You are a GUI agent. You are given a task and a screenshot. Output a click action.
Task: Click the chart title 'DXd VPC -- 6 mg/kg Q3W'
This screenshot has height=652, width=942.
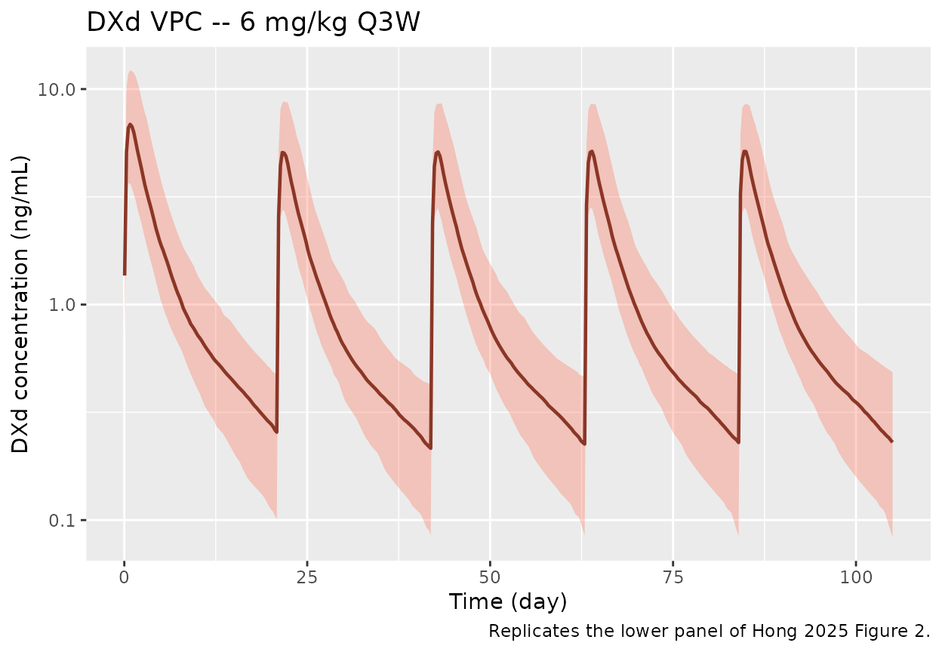(x=253, y=23)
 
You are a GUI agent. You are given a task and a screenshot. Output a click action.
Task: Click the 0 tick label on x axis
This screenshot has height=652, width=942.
(x=124, y=577)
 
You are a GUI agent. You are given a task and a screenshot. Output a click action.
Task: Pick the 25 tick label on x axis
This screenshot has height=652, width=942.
(x=307, y=577)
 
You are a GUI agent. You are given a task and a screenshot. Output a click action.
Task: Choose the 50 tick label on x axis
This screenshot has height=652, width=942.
(x=490, y=577)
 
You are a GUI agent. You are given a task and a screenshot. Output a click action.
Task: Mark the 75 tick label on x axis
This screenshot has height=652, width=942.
(x=673, y=577)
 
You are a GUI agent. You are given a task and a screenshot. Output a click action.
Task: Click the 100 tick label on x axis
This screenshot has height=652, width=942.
(x=855, y=577)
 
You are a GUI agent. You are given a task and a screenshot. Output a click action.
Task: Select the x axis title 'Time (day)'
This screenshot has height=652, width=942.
(x=507, y=602)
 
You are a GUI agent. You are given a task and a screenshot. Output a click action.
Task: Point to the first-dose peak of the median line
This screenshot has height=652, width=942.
(x=131, y=125)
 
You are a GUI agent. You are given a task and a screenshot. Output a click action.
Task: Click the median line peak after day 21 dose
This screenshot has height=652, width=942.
(x=283, y=152)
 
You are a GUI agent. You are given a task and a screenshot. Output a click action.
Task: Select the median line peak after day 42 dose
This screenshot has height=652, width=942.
(x=438, y=152)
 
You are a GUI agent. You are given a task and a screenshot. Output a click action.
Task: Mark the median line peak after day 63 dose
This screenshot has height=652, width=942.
(x=592, y=151)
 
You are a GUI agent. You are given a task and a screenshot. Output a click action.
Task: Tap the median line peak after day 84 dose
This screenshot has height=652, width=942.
(x=745, y=151)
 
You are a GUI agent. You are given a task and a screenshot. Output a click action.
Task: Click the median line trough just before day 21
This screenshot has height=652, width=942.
(x=276, y=432)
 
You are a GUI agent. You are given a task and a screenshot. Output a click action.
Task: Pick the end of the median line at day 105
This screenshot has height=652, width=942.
(x=892, y=441)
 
